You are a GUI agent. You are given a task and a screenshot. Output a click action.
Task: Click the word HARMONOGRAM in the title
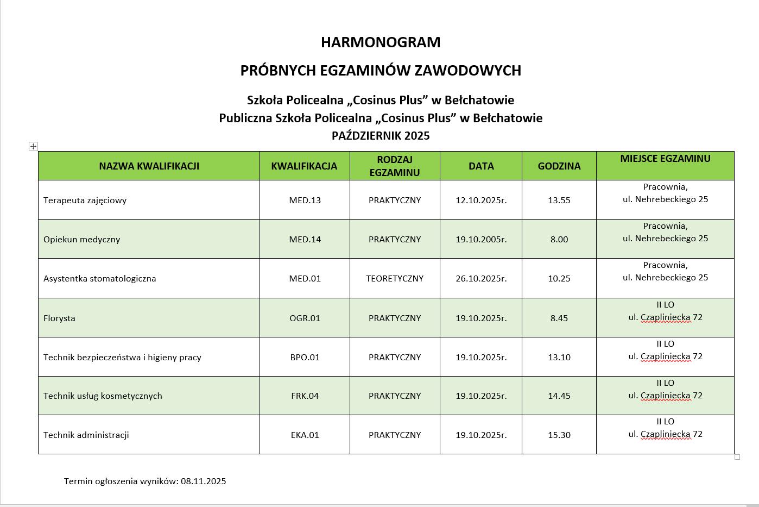(381, 42)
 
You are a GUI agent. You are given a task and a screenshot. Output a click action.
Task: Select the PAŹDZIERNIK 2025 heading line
(381, 136)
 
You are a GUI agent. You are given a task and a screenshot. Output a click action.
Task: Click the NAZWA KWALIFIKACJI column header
(149, 166)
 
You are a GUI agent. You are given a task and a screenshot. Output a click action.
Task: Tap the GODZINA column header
(559, 166)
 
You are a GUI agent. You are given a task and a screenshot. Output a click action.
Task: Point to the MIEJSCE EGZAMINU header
(665, 159)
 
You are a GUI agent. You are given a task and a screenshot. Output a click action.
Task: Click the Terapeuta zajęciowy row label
(85, 201)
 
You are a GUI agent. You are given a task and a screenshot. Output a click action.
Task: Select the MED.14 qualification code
(305, 240)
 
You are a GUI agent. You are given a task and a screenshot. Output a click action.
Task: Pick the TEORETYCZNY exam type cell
(395, 279)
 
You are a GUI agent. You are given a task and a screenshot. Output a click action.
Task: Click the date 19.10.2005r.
(481, 240)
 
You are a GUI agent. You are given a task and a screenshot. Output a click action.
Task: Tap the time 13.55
(559, 201)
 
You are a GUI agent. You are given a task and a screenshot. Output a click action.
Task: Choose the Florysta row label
(59, 318)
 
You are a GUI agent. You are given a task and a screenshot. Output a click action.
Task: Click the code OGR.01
(305, 318)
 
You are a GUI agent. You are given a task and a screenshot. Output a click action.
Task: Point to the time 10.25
(559, 279)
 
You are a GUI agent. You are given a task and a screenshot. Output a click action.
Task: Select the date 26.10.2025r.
(481, 279)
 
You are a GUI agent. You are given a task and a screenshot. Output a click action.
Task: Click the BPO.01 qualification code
(305, 358)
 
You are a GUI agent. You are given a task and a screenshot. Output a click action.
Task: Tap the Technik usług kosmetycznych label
(103, 396)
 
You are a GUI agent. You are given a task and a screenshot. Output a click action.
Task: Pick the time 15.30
(559, 435)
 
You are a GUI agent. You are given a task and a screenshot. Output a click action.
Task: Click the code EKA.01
(305, 435)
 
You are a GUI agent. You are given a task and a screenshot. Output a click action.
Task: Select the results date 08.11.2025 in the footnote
(204, 481)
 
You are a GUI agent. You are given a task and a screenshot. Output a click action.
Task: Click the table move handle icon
(33, 146)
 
